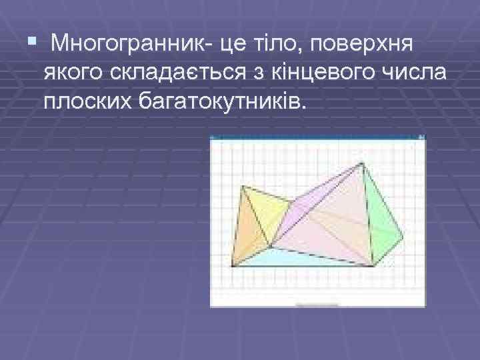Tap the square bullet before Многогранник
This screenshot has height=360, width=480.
coord(31,43)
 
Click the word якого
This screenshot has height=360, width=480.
coord(71,72)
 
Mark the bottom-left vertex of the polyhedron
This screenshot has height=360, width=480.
coord(231,265)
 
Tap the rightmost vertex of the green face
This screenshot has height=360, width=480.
coord(402,237)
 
